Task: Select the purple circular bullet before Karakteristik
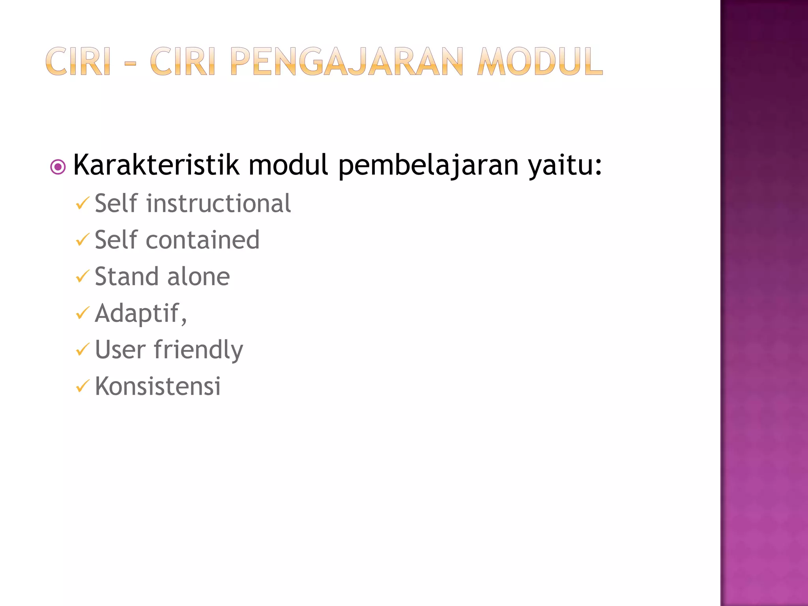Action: coord(58,167)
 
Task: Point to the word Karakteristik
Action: coord(156,165)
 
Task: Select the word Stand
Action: coord(127,277)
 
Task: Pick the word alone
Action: coord(198,277)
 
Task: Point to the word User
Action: coord(120,350)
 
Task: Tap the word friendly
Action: coord(198,350)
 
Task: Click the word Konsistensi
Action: coord(158,386)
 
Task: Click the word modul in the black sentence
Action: coord(288,165)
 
